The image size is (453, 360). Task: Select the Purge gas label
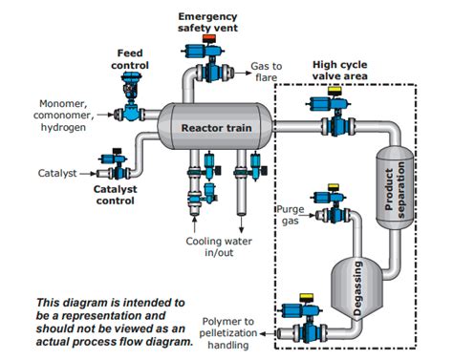coord(291,215)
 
